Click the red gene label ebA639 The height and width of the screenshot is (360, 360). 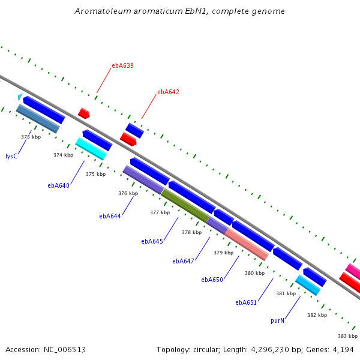(x=122, y=65)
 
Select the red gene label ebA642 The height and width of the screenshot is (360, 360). (x=168, y=92)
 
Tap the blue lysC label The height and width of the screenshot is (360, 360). (x=11, y=156)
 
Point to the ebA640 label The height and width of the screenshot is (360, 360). (x=58, y=185)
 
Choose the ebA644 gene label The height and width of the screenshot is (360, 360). (x=110, y=216)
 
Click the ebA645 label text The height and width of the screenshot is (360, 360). (x=152, y=242)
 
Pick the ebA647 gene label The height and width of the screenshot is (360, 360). (x=183, y=261)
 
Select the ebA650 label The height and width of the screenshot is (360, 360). (x=212, y=280)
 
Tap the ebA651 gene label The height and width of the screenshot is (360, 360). (x=246, y=302)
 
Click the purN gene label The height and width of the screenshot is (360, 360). (x=277, y=321)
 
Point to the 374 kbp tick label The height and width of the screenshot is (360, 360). (x=64, y=155)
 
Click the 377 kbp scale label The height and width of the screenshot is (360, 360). (x=160, y=212)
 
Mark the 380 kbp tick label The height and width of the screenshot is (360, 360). (x=255, y=273)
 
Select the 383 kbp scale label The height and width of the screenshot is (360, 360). (x=347, y=336)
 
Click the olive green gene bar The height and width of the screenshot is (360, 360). (x=185, y=205)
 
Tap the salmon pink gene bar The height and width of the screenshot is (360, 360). (x=247, y=245)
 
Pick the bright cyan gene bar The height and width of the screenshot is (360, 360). (x=91, y=149)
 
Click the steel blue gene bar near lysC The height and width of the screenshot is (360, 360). (x=38, y=118)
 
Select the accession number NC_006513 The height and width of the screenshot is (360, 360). (x=65, y=350)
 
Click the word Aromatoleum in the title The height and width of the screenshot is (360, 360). (x=103, y=11)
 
